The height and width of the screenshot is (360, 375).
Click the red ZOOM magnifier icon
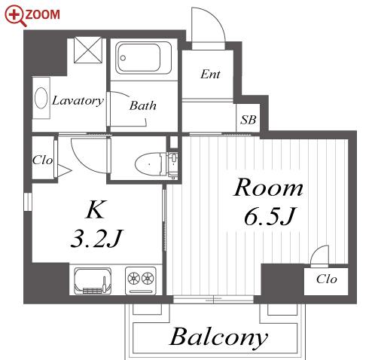tap(16, 17)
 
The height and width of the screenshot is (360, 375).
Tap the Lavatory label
tap(78, 101)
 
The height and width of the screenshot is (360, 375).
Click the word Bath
tap(143, 105)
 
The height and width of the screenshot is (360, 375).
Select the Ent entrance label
tap(210, 74)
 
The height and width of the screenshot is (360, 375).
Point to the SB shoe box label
tap(248, 120)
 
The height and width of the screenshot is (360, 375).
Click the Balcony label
tap(219, 337)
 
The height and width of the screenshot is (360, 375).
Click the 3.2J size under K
tap(96, 239)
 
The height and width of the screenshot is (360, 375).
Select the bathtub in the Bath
tap(143, 58)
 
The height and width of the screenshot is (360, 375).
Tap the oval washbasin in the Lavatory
tap(41, 98)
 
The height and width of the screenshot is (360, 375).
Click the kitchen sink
tap(93, 281)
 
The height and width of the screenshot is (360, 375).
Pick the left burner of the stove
tap(133, 278)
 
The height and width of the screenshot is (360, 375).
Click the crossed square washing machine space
tap(88, 50)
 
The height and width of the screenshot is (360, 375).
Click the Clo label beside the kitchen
tap(43, 160)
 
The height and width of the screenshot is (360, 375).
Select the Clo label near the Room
tap(326, 279)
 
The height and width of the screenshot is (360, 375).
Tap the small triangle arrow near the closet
tap(64, 171)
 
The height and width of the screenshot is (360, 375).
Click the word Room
tap(268, 188)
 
